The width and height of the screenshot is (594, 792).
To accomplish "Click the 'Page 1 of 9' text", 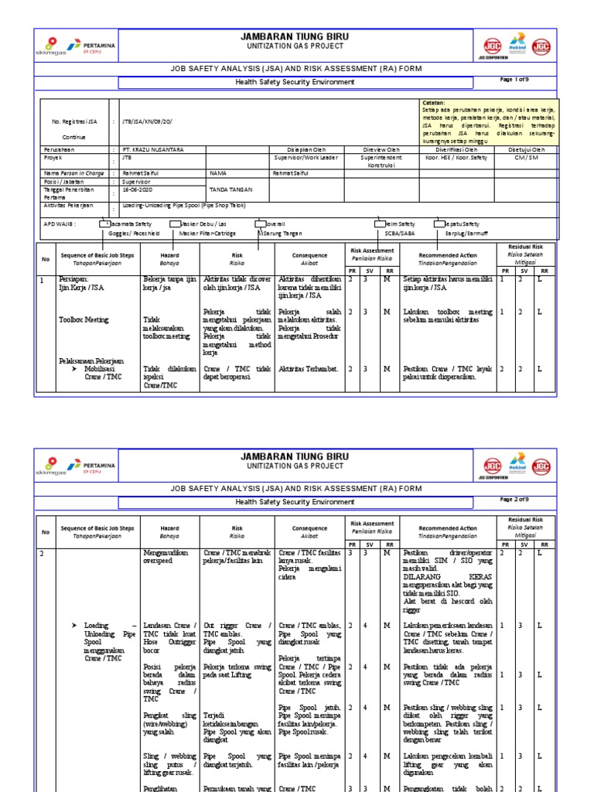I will [515, 80].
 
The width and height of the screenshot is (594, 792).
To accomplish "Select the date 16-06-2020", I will [139, 189].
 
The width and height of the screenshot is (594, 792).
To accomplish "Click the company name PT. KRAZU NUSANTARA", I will [154, 149].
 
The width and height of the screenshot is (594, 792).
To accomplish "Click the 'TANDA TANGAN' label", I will [227, 189].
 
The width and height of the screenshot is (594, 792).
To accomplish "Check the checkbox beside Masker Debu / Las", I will [175, 224].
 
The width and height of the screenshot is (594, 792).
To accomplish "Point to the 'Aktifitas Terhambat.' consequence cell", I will [309, 369].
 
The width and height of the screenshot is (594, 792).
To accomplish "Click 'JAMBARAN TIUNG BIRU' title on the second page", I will [296, 456].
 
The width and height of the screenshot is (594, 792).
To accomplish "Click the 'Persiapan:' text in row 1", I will [74, 280].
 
